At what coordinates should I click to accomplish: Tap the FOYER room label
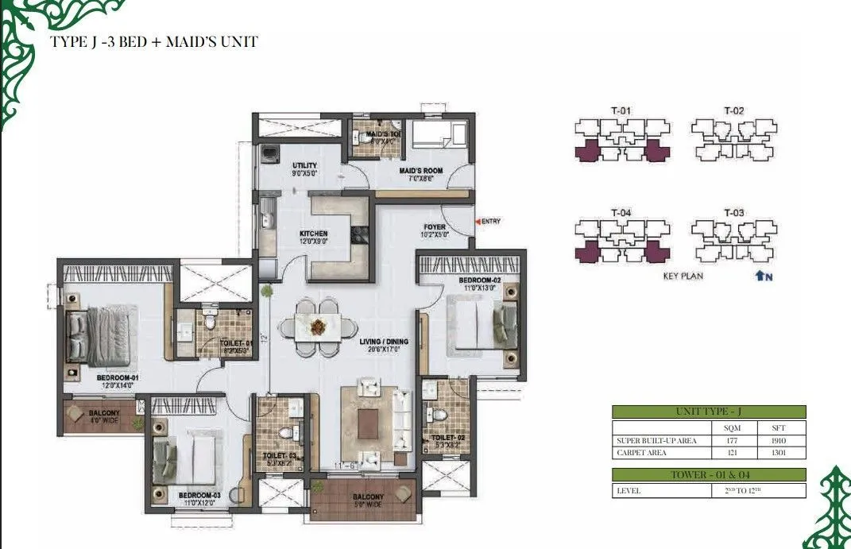[435, 227]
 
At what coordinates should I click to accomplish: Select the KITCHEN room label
[314, 234]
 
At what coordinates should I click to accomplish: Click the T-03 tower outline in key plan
[733, 242]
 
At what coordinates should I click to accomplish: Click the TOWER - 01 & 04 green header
[709, 474]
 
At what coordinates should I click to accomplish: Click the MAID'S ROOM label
[416, 170]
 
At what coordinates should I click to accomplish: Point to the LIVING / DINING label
[383, 342]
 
